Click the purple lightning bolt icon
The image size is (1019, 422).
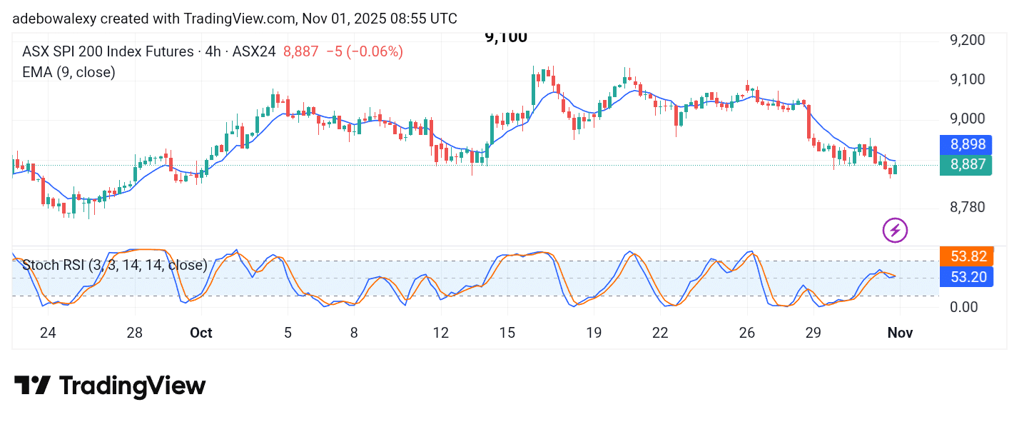tap(895, 230)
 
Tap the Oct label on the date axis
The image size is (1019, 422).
tap(201, 333)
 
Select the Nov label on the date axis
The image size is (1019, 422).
tap(899, 333)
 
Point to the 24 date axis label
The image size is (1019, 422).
tap(48, 333)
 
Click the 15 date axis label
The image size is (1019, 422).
tap(507, 333)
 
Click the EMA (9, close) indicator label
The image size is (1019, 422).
tap(69, 72)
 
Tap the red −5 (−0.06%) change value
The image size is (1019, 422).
tap(364, 51)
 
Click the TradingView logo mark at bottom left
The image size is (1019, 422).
tap(33, 386)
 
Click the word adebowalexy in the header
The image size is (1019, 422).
tap(53, 19)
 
